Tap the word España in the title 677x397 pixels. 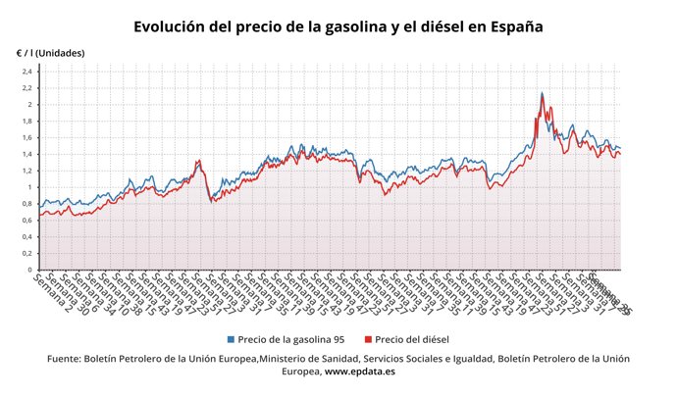coord(510,26)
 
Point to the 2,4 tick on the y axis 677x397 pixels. coord(27,72)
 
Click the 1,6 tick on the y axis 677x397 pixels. coord(27,138)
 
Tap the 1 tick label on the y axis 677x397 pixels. coord(30,187)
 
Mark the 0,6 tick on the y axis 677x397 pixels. coord(27,221)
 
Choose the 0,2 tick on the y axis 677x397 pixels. coord(27,253)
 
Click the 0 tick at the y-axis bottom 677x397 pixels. coord(30,270)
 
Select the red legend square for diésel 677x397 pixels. coord(368,338)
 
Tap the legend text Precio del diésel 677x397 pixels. coord(412,338)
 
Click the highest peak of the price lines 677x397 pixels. coord(543,93)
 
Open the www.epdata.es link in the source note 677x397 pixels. coord(359,372)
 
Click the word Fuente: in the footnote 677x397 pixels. coord(66,359)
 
